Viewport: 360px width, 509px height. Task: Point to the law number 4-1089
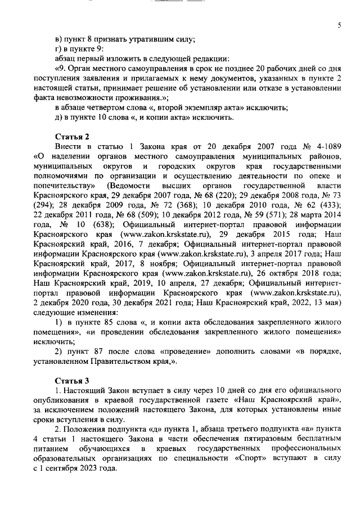click(325, 147)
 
